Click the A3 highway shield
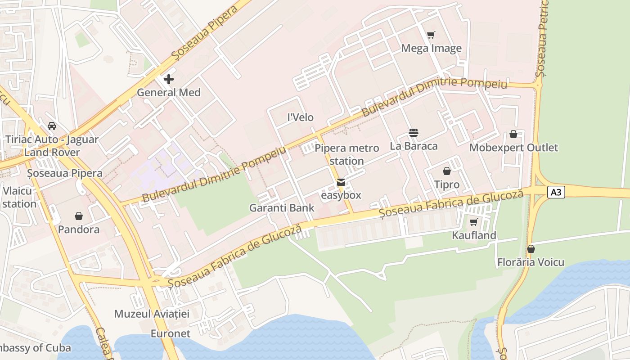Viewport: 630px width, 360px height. point(556,192)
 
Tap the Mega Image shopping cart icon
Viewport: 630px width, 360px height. point(431,35)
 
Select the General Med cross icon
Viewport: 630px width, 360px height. point(169,80)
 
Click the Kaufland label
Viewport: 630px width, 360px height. point(474,235)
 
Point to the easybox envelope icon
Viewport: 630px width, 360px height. point(341,182)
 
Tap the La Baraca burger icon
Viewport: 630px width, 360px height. point(414,133)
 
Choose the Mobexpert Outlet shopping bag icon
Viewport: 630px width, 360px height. point(513,134)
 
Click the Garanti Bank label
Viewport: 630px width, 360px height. point(282,208)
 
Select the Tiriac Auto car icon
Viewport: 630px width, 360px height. point(52,126)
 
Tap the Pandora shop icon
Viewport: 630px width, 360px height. point(79,216)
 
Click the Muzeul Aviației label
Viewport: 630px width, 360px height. point(152,314)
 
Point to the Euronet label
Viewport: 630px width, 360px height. point(171,333)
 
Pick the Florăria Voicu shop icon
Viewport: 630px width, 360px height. point(531,249)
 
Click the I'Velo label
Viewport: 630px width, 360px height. point(300,117)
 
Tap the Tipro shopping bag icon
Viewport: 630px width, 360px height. point(447,171)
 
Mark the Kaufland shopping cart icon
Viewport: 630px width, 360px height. point(473,222)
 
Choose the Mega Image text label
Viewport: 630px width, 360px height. point(431,48)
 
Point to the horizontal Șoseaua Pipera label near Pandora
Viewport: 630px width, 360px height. point(64,173)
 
